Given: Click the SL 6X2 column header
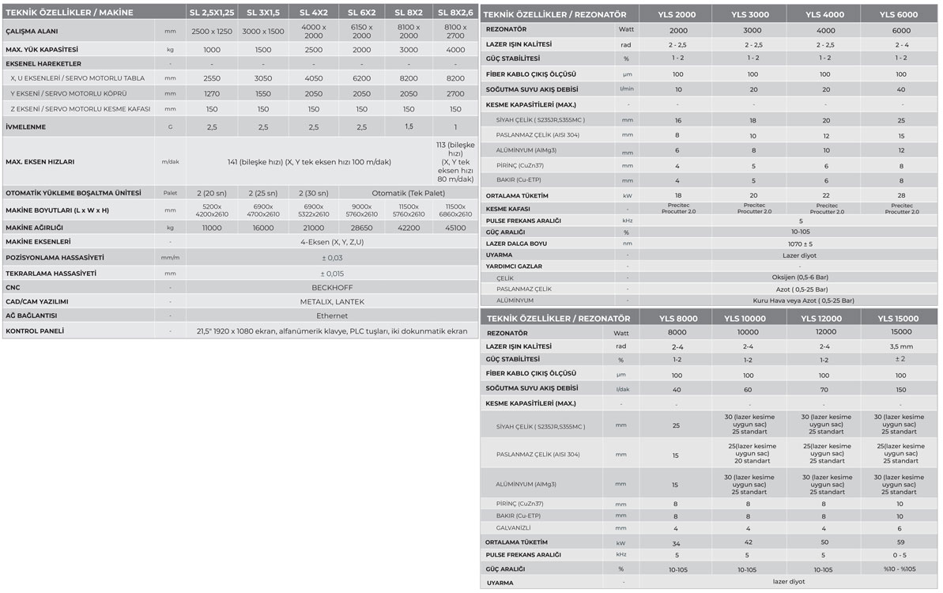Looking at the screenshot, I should pyautogui.click(x=361, y=13).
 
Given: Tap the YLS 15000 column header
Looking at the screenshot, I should pyautogui.click(x=899, y=319).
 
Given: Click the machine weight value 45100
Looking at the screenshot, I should pyautogui.click(x=455, y=227).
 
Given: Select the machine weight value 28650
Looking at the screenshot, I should pyautogui.click(x=361, y=227).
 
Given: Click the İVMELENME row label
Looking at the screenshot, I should pyautogui.click(x=26, y=127).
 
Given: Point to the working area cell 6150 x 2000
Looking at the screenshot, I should pyautogui.click(x=361, y=31).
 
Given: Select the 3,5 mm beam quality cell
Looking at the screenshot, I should pyautogui.click(x=899, y=346).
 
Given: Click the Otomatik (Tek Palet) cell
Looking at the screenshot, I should pyautogui.click(x=408, y=193).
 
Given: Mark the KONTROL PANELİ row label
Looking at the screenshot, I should pyautogui.click(x=35, y=330).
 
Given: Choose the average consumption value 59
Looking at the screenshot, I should pyautogui.click(x=899, y=542).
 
